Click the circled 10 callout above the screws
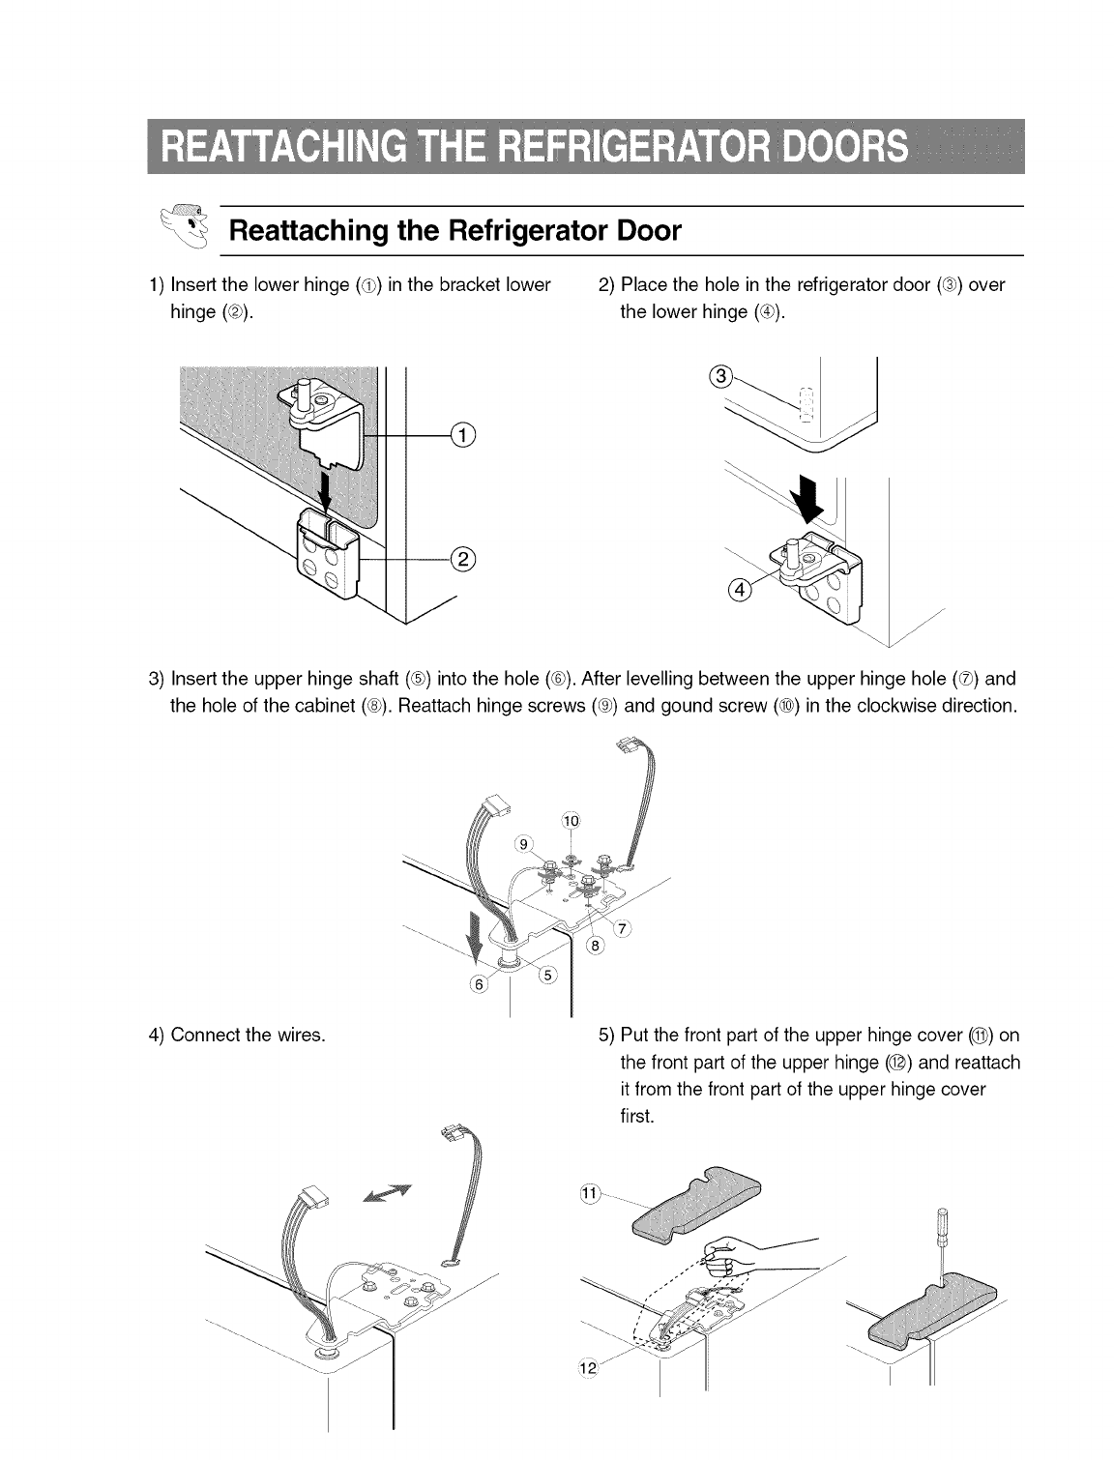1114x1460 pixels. point(571,821)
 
